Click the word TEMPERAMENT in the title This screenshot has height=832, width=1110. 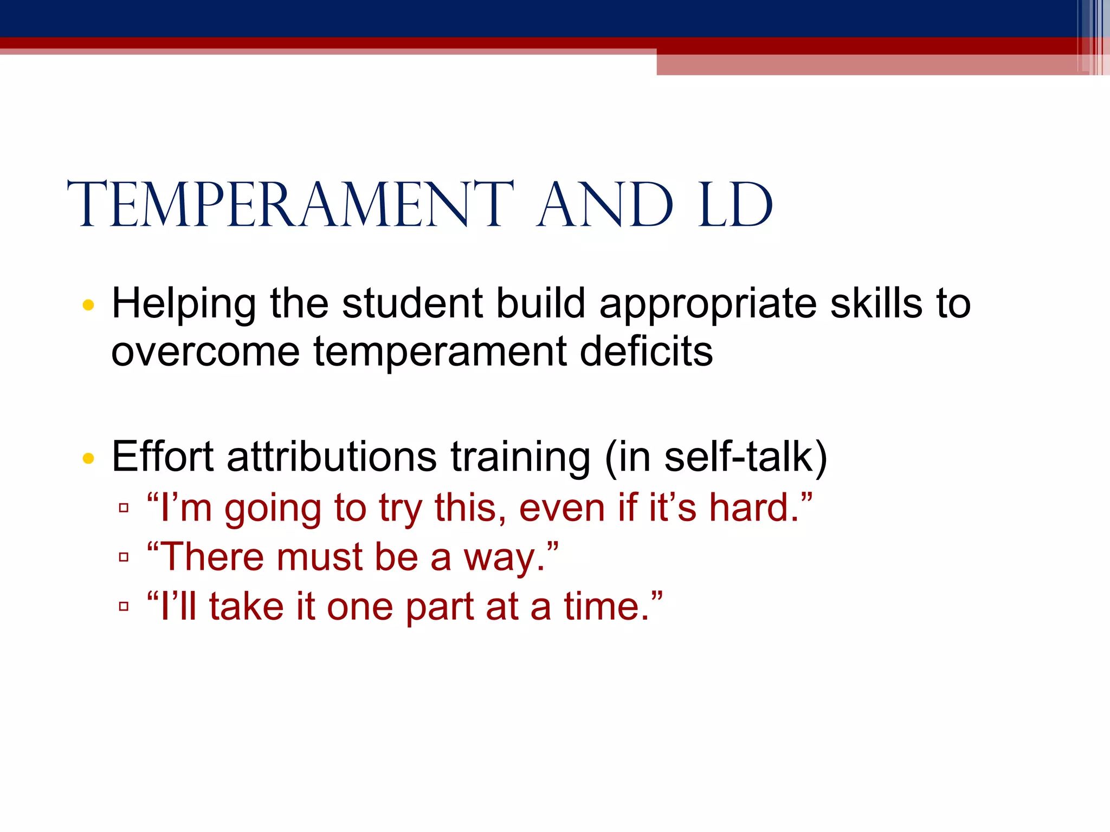[290, 205]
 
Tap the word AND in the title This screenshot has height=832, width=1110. [604, 205]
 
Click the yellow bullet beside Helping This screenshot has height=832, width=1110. [88, 305]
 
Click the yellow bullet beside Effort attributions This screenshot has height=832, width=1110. [88, 459]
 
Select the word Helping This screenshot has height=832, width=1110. [184, 304]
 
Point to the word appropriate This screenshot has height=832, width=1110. [708, 304]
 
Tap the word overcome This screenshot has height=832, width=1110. [205, 352]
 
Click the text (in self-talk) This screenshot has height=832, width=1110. [715, 458]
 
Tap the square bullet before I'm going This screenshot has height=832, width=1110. [124, 508]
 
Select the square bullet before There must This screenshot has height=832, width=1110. [124, 557]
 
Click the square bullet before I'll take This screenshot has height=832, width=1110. [124, 606]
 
